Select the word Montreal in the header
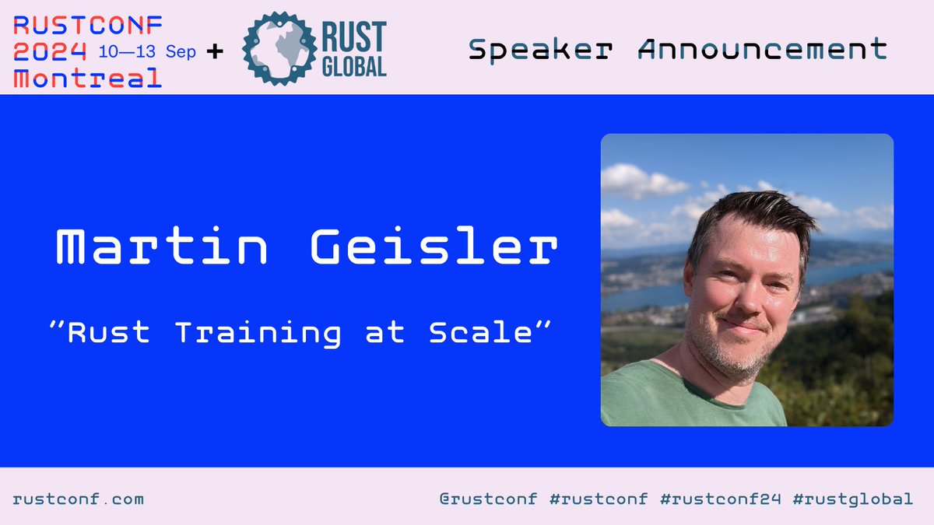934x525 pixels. [88, 78]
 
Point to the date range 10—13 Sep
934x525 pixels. [146, 53]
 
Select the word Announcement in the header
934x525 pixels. [763, 50]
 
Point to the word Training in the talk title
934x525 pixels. [257, 333]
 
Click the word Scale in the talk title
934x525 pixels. [479, 333]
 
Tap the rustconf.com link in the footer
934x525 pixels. [79, 499]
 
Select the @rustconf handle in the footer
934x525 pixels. [488, 499]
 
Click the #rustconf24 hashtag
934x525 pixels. [716, 499]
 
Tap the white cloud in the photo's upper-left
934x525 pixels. [634, 180]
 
